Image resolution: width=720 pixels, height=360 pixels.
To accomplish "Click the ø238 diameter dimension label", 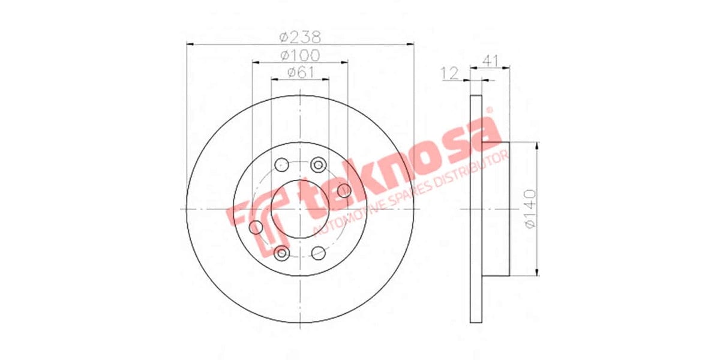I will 300,37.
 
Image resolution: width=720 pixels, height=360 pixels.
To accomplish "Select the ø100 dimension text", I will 300,55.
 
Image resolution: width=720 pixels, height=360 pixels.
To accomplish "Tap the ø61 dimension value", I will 300,73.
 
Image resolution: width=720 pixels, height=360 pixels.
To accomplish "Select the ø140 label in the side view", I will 530,208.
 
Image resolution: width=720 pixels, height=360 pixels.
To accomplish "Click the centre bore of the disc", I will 300,208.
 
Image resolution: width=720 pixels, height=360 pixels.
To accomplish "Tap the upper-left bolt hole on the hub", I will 281,164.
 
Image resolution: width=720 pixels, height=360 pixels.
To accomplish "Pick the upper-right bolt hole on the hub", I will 319,164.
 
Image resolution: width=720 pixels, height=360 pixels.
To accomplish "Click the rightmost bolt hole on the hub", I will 344,191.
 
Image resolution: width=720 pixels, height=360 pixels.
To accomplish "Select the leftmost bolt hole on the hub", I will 256,227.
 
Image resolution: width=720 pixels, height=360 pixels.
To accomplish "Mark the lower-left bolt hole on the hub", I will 281,253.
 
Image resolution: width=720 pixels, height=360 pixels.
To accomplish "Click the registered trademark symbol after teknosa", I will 488,110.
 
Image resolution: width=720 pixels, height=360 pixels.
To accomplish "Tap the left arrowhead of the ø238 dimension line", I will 190,44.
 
